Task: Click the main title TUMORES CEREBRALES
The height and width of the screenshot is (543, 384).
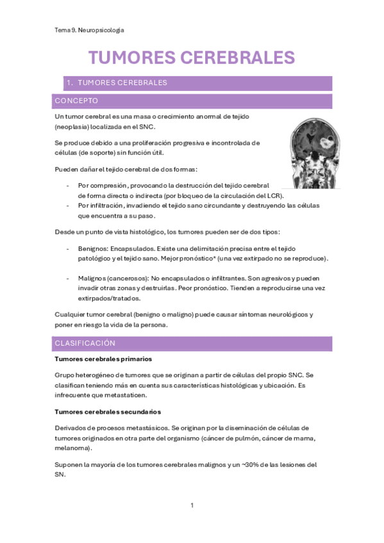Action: [x=191, y=57]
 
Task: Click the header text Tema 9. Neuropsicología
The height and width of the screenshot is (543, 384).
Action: [x=90, y=30]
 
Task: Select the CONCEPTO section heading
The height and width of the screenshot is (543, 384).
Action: [x=76, y=101]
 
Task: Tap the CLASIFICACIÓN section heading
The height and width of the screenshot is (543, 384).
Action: [x=85, y=343]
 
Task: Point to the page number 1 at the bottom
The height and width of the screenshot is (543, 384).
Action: [x=192, y=505]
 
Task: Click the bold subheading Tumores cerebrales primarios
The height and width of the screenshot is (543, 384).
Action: [x=103, y=359]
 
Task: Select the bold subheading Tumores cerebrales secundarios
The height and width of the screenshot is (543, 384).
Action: [x=108, y=411]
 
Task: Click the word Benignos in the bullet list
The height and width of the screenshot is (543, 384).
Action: [x=92, y=248]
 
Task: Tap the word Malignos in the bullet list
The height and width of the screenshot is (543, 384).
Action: [x=92, y=278]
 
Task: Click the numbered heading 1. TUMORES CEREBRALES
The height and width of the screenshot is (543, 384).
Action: [x=117, y=83]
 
